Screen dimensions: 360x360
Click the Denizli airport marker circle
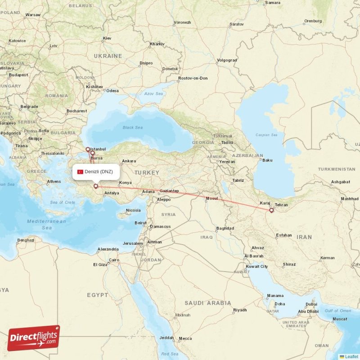point(96,186)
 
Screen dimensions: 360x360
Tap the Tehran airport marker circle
point(271,210)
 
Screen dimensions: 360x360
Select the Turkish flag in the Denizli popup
point(81,172)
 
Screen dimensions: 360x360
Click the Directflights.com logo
point(34,338)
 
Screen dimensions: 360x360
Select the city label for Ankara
point(129,161)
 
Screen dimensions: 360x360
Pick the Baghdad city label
point(225,228)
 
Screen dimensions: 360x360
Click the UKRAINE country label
point(108,56)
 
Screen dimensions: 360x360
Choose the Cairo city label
point(113,260)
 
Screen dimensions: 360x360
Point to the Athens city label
point(54,182)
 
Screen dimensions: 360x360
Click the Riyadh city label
point(240,310)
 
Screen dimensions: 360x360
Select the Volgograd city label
point(227,60)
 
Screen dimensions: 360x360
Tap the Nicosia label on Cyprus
point(133,210)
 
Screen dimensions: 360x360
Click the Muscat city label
point(339,319)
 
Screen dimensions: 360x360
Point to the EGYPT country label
point(98,295)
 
